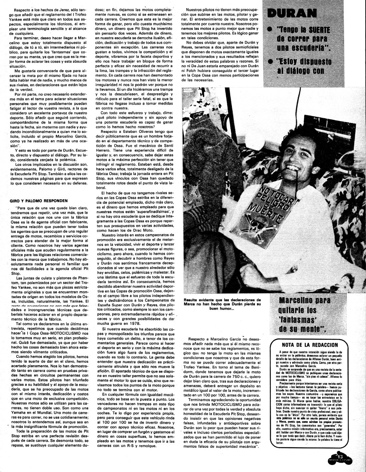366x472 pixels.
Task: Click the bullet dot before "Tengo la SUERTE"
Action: click(270, 30)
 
